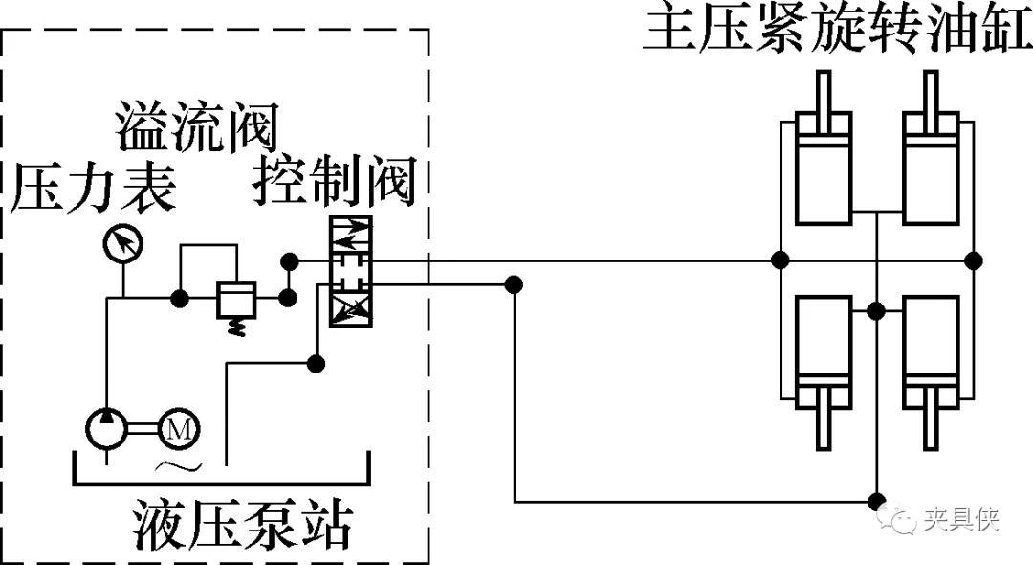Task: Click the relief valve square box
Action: [232, 299]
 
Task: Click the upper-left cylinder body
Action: [823, 169]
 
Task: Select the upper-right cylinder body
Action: [931, 169]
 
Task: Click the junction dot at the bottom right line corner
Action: [875, 501]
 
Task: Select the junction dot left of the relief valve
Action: [179, 299]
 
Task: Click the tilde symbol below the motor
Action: [179, 466]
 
